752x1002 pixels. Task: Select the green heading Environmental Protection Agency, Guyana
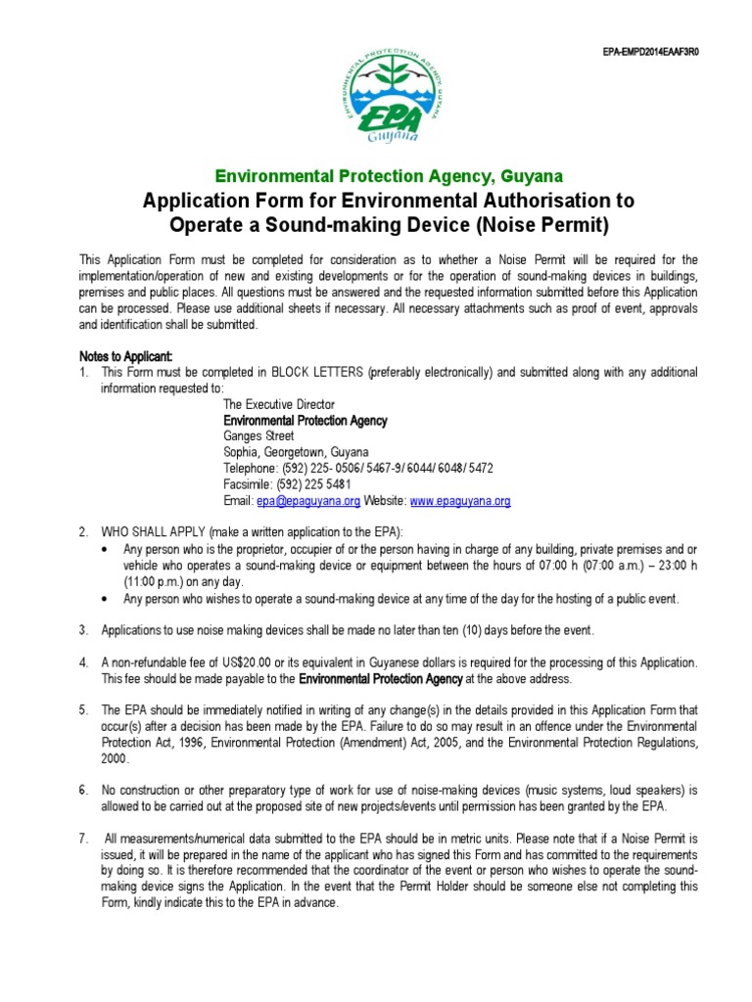point(389,176)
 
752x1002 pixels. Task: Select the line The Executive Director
point(279,404)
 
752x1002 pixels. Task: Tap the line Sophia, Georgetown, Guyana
point(296,453)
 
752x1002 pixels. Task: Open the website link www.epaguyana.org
point(460,501)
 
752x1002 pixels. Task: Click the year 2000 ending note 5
point(115,757)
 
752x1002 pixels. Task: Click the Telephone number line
point(358,469)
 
